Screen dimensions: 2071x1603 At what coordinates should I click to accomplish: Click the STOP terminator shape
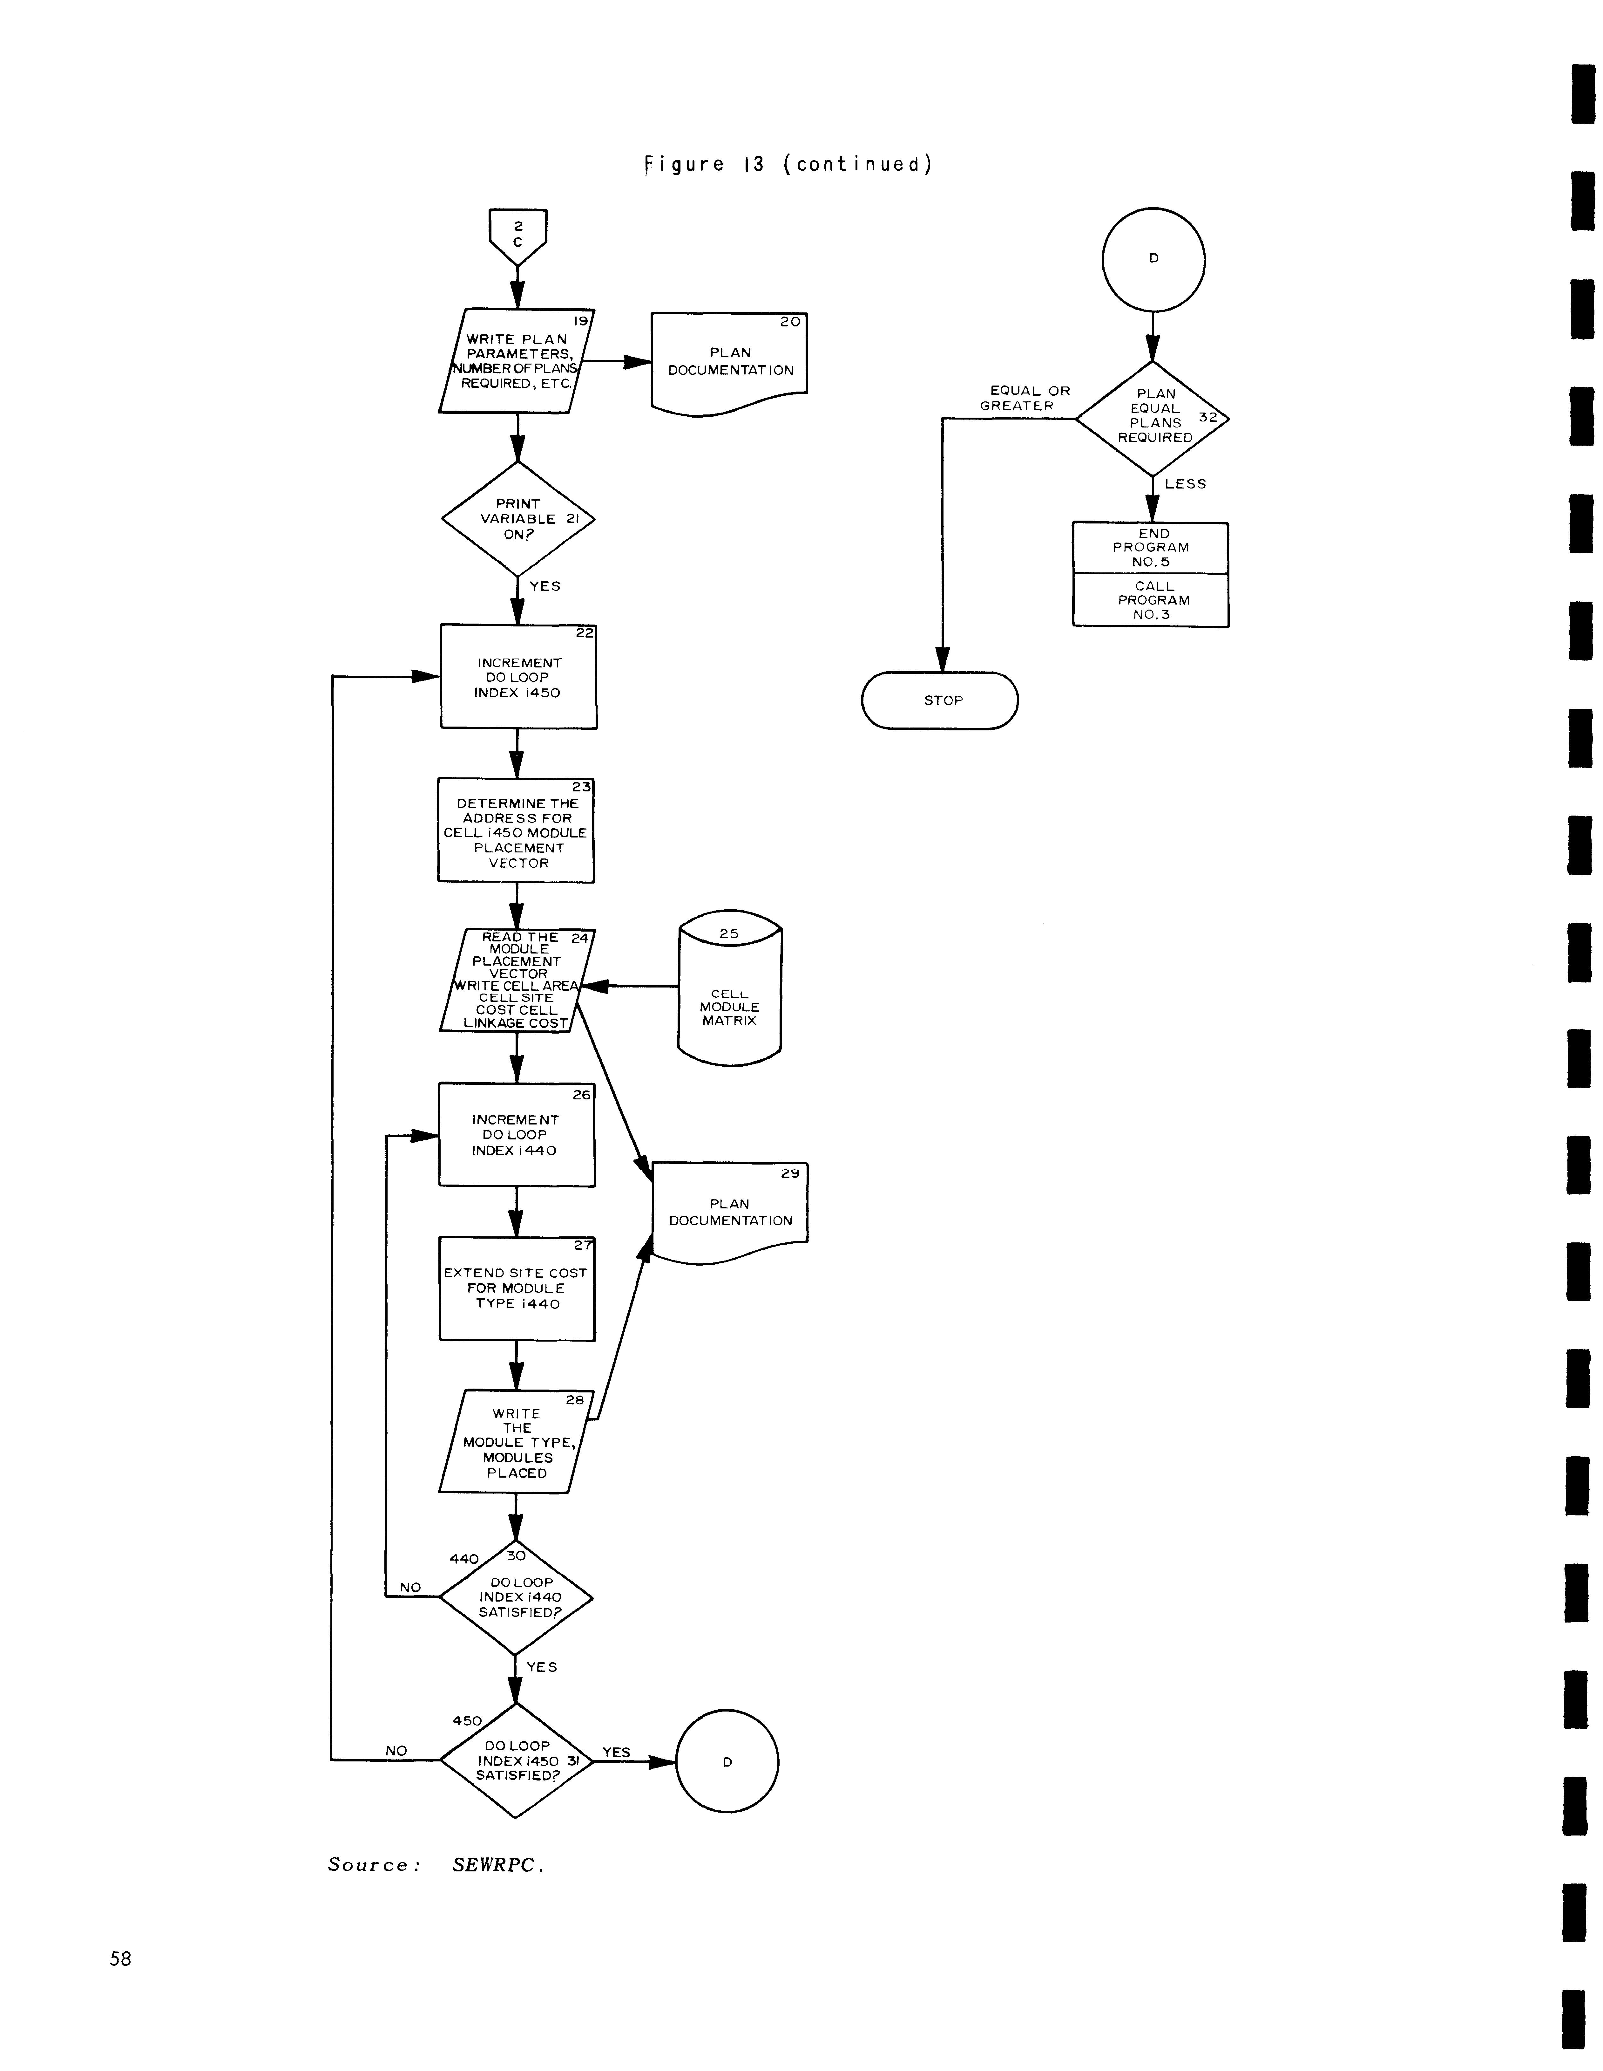click(x=939, y=701)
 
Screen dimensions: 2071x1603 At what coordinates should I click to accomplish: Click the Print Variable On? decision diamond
click(x=517, y=519)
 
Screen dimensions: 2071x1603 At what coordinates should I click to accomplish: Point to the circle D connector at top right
click(x=1153, y=259)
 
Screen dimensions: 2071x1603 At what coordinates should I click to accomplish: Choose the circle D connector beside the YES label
click(x=727, y=1762)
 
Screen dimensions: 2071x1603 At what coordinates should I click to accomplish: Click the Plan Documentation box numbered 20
click(x=729, y=362)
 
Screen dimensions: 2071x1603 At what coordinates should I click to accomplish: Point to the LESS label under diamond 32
click(x=1185, y=484)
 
